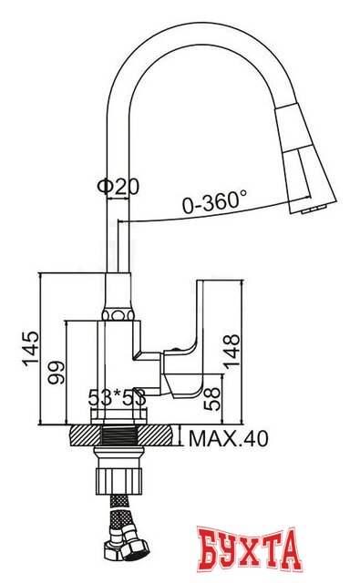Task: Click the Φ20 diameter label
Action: click(x=118, y=186)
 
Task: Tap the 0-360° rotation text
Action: click(x=215, y=203)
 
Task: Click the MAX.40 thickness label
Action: click(x=229, y=439)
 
